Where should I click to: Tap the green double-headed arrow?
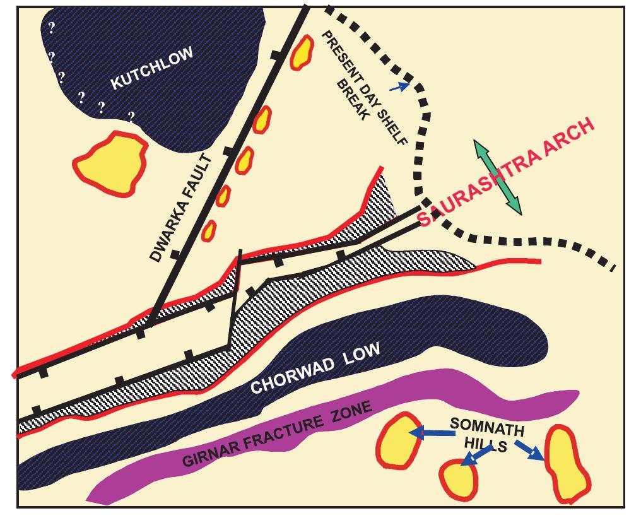tap(499, 178)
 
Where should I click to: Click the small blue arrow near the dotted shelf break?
tap(399, 86)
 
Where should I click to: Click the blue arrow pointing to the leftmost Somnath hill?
tap(432, 433)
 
